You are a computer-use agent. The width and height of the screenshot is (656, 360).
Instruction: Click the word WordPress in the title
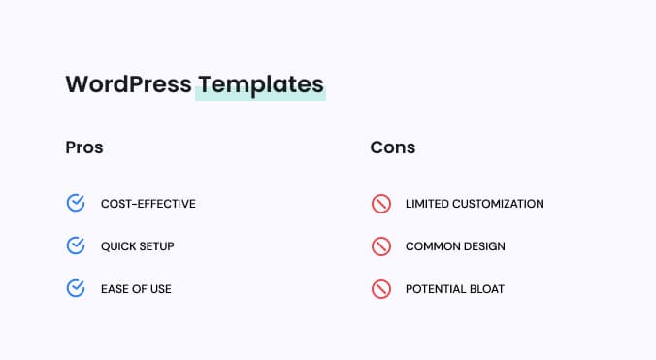click(128, 84)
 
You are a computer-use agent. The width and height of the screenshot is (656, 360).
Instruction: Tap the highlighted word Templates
click(261, 84)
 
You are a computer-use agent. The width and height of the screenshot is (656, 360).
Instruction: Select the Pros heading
click(84, 147)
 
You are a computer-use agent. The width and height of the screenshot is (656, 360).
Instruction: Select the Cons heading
click(392, 147)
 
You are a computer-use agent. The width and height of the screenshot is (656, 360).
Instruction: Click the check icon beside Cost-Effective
click(76, 204)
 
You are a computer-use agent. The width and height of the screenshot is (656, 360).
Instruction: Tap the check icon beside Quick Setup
click(76, 246)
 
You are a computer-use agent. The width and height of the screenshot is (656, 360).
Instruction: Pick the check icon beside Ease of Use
click(76, 288)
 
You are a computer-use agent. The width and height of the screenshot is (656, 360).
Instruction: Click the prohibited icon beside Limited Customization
click(380, 204)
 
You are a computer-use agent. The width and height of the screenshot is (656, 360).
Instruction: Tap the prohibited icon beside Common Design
click(380, 246)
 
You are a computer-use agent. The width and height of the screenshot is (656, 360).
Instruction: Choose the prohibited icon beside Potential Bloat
click(380, 288)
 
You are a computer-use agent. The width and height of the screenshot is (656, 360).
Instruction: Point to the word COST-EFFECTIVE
click(148, 204)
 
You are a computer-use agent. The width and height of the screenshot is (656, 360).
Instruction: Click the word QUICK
click(118, 246)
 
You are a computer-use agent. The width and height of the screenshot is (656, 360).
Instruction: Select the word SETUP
click(157, 246)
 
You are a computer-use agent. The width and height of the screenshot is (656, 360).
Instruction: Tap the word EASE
click(115, 289)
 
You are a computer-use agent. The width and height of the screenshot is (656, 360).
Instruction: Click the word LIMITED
click(428, 204)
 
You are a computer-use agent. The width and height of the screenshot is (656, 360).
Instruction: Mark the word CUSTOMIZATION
click(500, 204)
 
